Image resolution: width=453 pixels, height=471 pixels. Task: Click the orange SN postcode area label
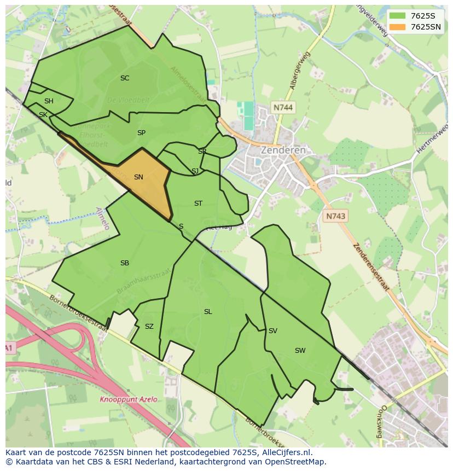tap(138, 177)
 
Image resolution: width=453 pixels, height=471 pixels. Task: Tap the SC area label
tap(125, 78)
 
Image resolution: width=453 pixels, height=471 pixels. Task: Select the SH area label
tap(49, 101)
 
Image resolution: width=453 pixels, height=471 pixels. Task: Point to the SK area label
tap(43, 115)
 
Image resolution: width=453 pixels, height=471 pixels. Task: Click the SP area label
tap(141, 133)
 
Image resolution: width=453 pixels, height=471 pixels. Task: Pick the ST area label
tap(198, 203)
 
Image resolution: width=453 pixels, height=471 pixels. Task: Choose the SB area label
tap(125, 263)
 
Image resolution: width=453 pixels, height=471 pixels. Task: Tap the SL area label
tap(208, 312)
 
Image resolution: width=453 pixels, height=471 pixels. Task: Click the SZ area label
tap(149, 327)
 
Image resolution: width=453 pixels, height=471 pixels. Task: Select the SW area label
tap(300, 351)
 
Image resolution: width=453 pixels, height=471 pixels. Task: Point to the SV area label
tap(272, 331)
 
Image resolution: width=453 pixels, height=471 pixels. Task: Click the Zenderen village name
tap(283, 150)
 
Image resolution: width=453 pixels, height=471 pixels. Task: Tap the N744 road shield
tap(283, 108)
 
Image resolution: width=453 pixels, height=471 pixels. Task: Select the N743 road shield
tap(335, 217)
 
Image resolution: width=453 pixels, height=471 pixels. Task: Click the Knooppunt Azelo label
tap(129, 399)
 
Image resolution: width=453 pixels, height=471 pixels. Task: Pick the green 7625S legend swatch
tap(397, 16)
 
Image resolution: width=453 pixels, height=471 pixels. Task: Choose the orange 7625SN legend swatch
tap(397, 27)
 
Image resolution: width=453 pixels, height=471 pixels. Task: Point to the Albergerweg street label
tap(300, 71)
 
